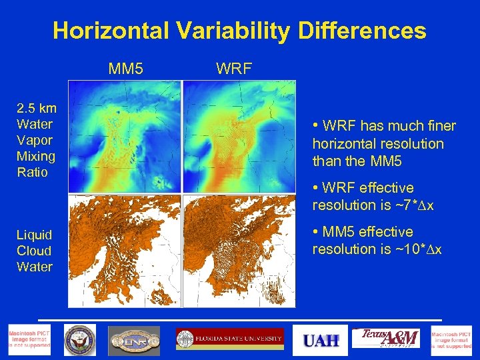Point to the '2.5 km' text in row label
pyautogui.click(x=37, y=108)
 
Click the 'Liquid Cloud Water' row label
pyautogui.click(x=35, y=251)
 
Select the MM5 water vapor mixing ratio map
pyautogui.click(x=125, y=137)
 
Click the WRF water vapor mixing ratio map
pyautogui.click(x=239, y=137)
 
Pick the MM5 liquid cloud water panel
pyautogui.click(x=125, y=251)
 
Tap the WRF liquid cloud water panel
pyautogui.click(x=239, y=251)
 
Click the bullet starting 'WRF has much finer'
pyautogui.click(x=383, y=143)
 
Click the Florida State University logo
pyautogui.click(x=229, y=339)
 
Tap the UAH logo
pyautogui.click(x=321, y=341)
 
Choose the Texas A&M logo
pyautogui.click(x=386, y=339)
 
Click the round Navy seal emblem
pyautogui.click(x=80, y=340)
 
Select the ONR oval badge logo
pyautogui.click(x=134, y=340)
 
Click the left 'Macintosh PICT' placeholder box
pyautogui.click(x=29, y=340)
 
